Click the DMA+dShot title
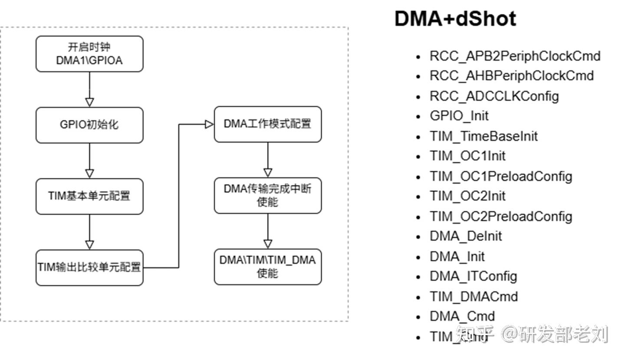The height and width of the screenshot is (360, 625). (455, 19)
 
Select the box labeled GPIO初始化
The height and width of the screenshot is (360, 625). (89, 125)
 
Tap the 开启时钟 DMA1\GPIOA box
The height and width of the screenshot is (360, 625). (89, 54)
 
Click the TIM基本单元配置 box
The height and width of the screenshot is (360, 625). (89, 196)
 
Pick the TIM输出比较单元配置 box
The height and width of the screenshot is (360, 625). (89, 267)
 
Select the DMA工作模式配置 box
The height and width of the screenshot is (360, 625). (267, 124)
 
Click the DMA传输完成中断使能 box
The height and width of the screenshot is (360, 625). (267, 195)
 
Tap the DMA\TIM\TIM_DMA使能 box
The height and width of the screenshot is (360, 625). (267, 266)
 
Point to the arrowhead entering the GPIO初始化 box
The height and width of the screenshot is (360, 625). (89, 102)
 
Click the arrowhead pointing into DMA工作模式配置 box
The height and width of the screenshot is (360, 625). (209, 124)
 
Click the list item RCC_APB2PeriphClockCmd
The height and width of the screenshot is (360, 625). (515, 56)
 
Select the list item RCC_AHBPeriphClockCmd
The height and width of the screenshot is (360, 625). (511, 76)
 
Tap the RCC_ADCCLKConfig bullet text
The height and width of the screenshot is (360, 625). (494, 96)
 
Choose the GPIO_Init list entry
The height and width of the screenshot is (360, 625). (459, 116)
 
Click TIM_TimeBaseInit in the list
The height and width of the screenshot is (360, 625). (484, 136)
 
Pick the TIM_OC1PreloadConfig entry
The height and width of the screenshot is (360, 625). (501, 176)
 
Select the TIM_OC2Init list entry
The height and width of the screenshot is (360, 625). (467, 196)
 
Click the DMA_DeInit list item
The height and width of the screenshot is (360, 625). (466, 236)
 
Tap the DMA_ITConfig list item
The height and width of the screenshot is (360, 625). (473, 276)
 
